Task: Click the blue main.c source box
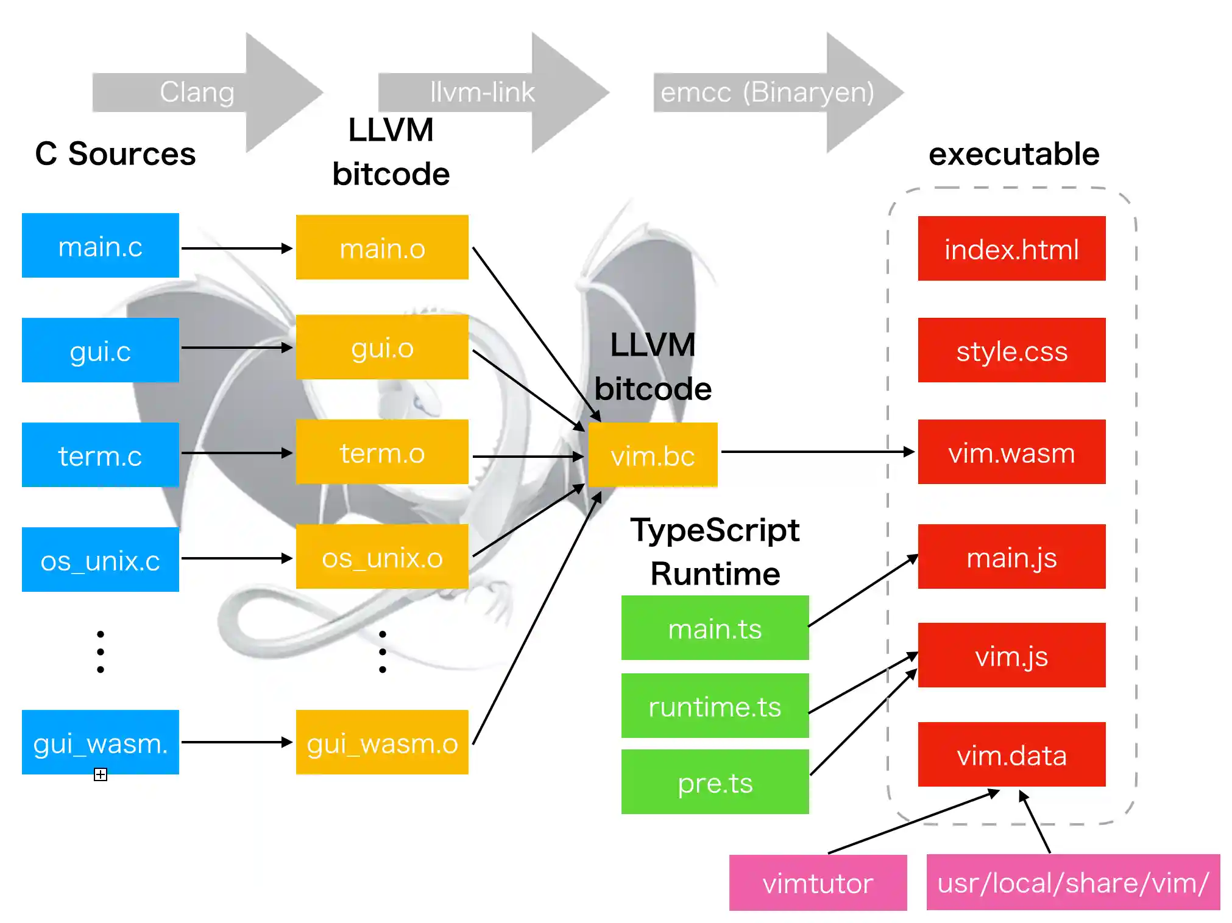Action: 101,245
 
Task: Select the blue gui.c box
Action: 101,350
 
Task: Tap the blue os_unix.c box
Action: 101,560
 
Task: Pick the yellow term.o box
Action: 382,452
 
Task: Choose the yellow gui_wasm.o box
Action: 382,742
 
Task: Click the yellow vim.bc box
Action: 653,455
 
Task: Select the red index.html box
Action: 1011,248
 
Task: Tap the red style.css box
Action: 1011,350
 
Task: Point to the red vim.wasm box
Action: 1011,452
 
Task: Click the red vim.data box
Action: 1011,754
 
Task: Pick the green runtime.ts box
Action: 715,706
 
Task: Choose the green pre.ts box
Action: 715,782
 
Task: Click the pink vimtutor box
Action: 818,882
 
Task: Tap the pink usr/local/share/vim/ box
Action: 1073,882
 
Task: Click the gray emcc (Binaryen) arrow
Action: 774,93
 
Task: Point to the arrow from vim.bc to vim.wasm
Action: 816,452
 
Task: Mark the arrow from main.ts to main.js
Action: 863,591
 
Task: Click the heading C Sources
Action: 115,153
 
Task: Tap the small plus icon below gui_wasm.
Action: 101,774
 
